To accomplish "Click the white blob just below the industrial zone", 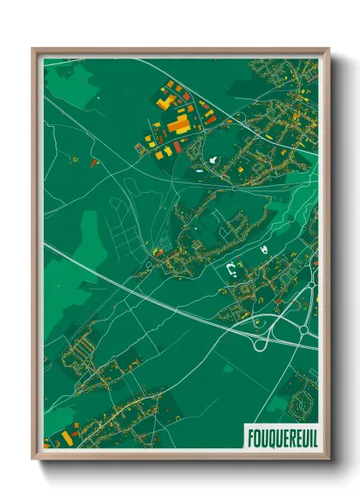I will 212,160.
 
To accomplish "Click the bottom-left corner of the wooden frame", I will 35,460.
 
